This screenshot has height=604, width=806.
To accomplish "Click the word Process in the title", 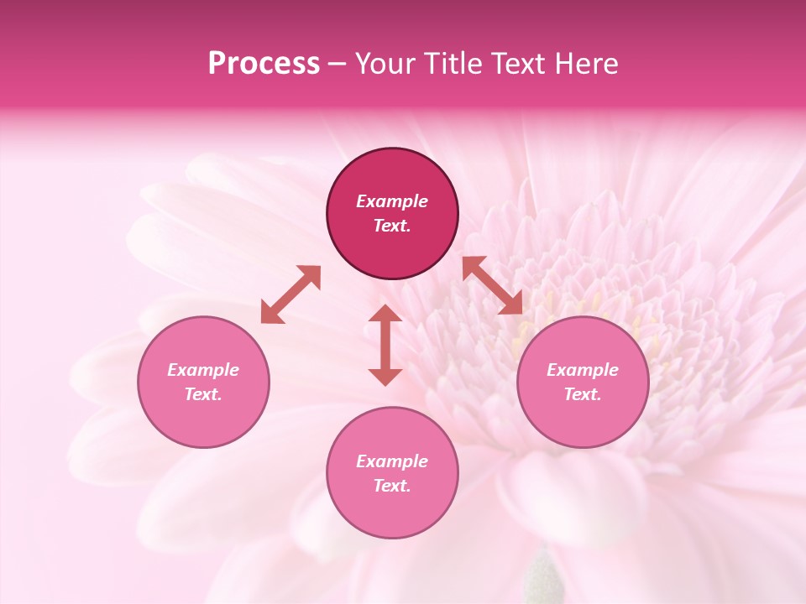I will [x=264, y=64].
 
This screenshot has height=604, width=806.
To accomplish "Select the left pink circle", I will [x=203, y=419].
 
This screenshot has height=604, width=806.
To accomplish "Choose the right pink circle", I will [x=583, y=419].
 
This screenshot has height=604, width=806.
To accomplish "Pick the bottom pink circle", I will [x=392, y=511].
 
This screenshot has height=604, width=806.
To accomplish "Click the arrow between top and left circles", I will [x=290, y=294].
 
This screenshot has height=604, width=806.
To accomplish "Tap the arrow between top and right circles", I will [x=493, y=285].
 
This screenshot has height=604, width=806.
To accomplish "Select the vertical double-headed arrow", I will [x=385, y=345].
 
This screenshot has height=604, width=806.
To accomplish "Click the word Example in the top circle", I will [x=392, y=201].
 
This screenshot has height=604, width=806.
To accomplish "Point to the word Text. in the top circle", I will [x=392, y=226].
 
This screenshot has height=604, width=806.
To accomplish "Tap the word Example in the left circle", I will [x=203, y=370].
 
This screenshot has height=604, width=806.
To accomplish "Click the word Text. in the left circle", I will [x=203, y=394].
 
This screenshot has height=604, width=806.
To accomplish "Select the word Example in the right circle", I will [x=583, y=370].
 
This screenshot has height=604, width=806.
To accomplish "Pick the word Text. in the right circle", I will [x=583, y=394].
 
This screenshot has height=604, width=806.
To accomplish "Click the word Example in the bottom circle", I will [x=392, y=461].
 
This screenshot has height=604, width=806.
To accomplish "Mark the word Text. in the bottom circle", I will [x=392, y=486].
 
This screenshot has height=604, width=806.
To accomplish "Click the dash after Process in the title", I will [x=338, y=65].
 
